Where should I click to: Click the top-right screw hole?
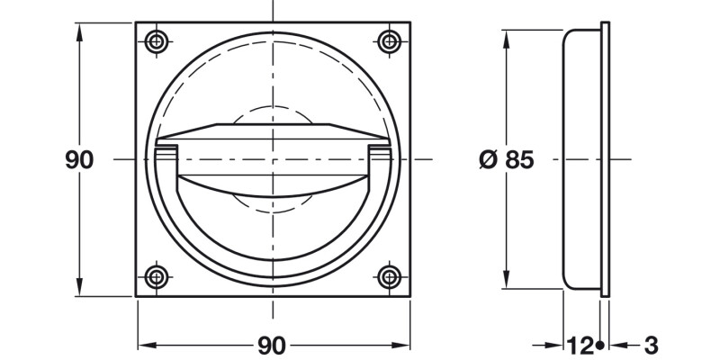coord(389,40)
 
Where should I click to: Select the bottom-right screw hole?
coord(389,275)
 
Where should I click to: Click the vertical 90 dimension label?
coord(79,160)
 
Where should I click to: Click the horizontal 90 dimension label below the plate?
coord(272,345)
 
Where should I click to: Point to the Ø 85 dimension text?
coord(508,160)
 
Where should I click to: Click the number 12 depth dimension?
coord(580,345)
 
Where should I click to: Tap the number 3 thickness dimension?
coord(652,345)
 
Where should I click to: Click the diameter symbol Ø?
coord(488,160)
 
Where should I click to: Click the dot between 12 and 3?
coord(599,345)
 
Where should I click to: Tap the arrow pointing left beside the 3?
coord(622,345)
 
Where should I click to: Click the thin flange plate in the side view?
coord(607,160)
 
